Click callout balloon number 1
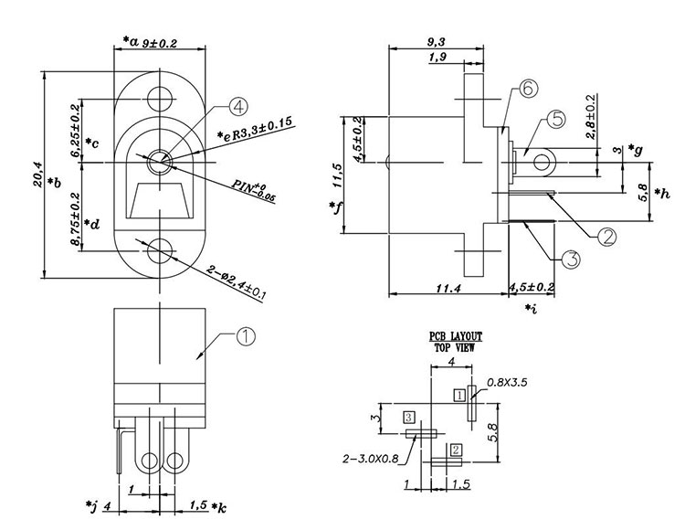tap(245, 336)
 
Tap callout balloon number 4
tap(237, 107)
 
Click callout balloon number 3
tap(570, 260)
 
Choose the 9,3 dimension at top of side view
tap(436, 42)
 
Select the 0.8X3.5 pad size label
tap(510, 381)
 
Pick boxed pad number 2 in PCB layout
tap(456, 449)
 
